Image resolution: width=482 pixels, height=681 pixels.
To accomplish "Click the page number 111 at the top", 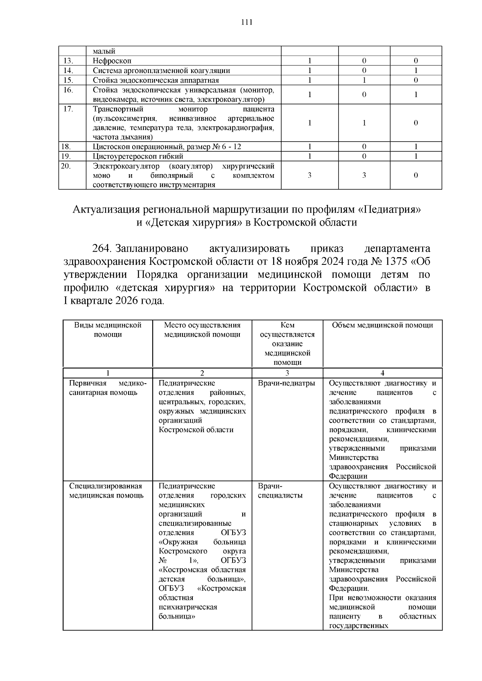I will coord(246,22).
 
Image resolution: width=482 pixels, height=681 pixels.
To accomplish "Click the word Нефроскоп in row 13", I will coord(112,61).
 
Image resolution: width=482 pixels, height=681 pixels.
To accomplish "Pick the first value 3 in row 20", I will coord(310,175).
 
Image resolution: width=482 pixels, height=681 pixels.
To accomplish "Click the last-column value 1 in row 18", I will coord(416,146).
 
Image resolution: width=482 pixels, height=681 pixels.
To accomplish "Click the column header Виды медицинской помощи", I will coord(108,329).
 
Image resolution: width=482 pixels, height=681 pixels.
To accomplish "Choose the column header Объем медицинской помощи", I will coord(382,325).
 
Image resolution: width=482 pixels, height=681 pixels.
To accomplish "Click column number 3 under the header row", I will coord(287,373).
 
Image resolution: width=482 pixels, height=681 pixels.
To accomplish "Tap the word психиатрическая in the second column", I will coord(188,607).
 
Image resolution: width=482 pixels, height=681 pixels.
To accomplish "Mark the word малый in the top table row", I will coord(104,51).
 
